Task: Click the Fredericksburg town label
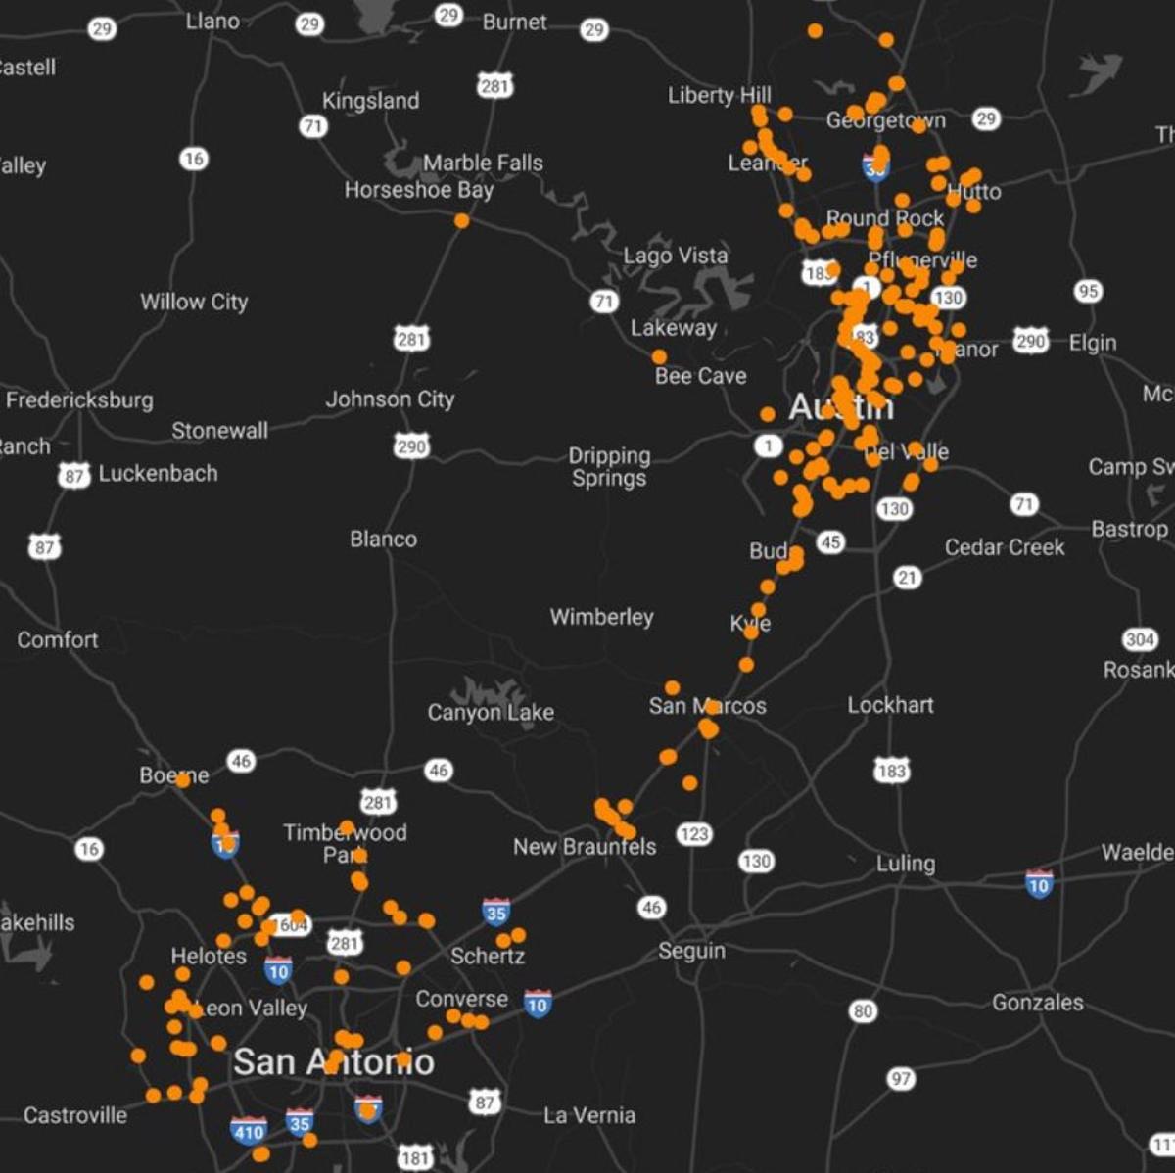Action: [x=79, y=399]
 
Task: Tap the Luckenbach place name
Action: [x=158, y=473]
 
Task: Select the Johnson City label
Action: [x=390, y=399]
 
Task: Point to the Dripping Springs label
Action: [x=609, y=466]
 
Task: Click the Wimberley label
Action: [x=601, y=617]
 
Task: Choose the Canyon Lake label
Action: [x=491, y=712]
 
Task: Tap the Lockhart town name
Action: [x=890, y=705]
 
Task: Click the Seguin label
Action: [x=691, y=951]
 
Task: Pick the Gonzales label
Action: [x=1037, y=1002]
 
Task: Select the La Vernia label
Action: [x=589, y=1115]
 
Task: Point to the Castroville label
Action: [x=75, y=1115]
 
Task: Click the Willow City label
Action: [x=194, y=302]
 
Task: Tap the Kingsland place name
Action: [x=370, y=101]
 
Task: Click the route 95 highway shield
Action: [x=1088, y=291]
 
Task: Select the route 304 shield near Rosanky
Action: [x=1140, y=639]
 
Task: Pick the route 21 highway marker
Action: [x=908, y=578]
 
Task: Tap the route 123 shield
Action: [x=694, y=834]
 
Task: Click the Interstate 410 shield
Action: [x=249, y=1132]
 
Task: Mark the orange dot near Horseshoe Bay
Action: [x=461, y=221]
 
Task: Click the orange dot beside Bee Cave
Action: [x=659, y=357]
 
